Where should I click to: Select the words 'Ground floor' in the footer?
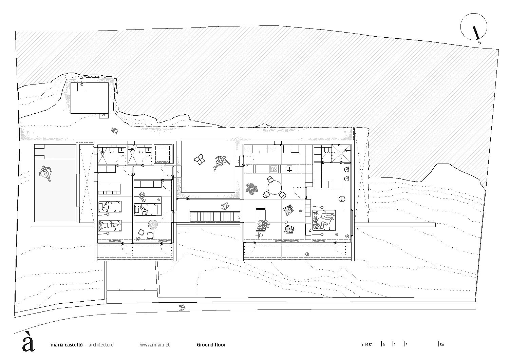coord(211,345)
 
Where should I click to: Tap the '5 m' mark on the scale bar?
coord(441,345)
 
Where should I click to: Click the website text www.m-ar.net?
coord(155,345)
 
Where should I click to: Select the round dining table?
coord(275,187)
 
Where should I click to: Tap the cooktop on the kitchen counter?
coord(274,169)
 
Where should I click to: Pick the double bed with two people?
coord(324,220)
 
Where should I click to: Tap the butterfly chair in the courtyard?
coord(199,160)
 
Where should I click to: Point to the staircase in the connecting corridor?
coord(214,216)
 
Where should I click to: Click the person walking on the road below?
coord(182,307)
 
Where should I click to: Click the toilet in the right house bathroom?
coord(326,150)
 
